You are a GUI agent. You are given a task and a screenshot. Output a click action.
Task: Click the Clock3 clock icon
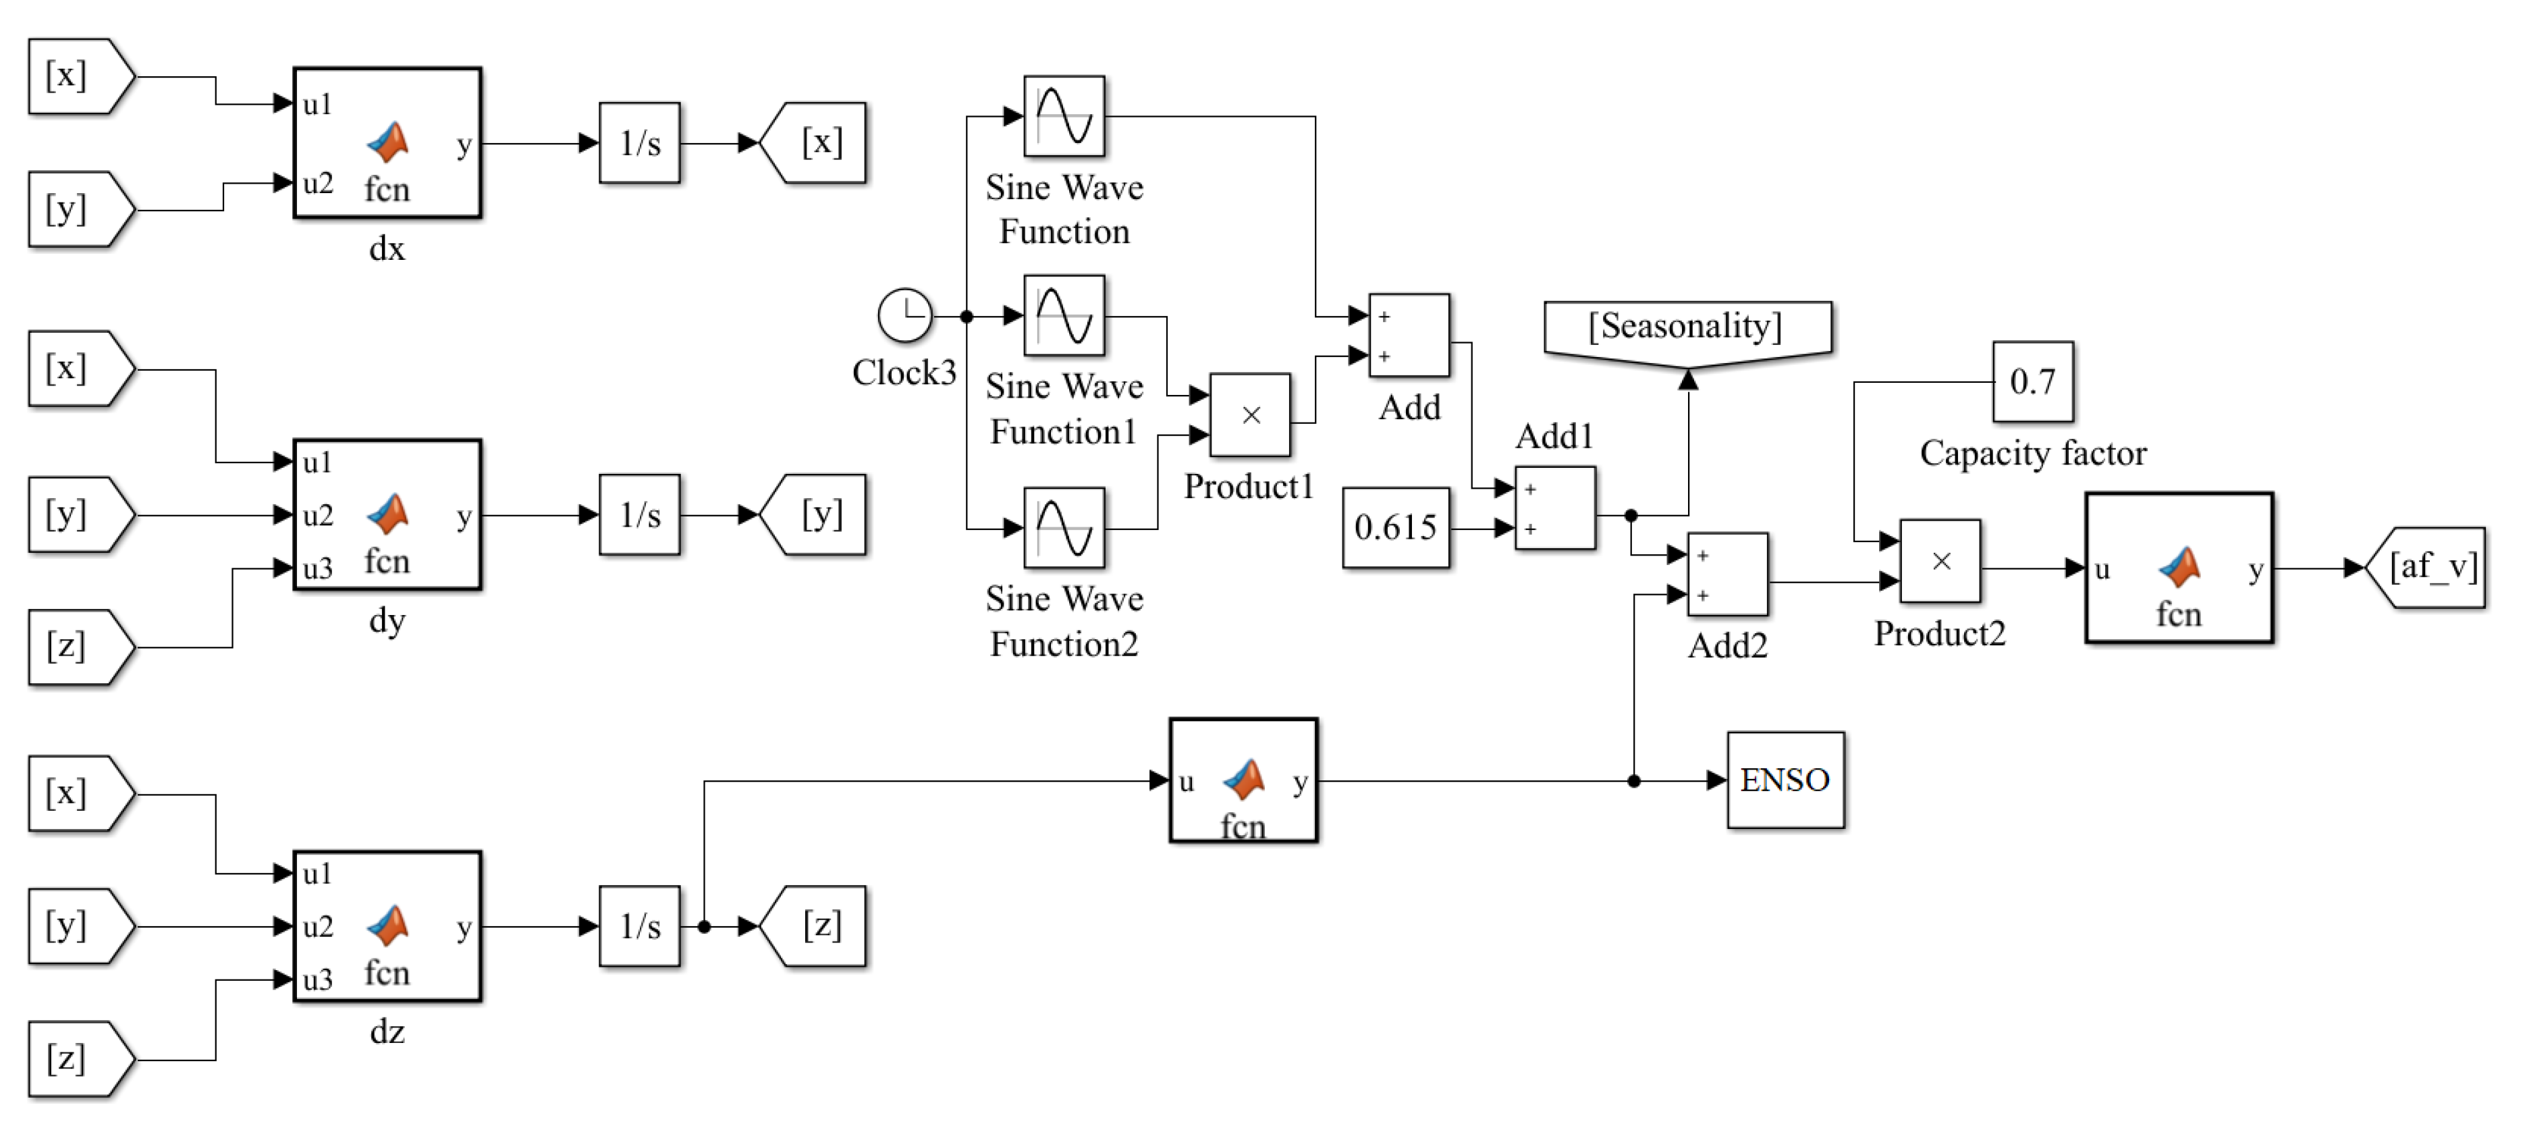pos(904,315)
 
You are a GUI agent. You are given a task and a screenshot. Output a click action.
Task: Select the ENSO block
pos(1785,780)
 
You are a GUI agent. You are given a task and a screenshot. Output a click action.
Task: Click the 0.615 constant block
pos(1395,528)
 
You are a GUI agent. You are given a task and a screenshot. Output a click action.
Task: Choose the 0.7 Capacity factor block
pos(2032,381)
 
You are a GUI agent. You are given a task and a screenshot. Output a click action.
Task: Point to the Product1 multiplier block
pos(1250,415)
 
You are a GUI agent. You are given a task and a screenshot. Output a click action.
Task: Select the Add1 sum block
pos(1555,508)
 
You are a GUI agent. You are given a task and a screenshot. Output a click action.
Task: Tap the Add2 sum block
pos(1727,574)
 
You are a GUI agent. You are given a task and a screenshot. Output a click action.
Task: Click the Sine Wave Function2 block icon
pos(1064,528)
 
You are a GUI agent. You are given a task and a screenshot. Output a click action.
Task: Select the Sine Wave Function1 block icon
pos(1064,315)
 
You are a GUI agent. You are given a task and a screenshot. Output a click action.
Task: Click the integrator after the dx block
pos(640,143)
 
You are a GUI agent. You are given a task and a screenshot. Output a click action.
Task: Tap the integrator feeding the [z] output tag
pos(640,926)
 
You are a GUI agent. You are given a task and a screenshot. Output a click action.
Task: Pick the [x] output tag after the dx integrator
pos(813,143)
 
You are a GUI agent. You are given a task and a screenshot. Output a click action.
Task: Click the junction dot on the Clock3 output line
pos(967,316)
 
